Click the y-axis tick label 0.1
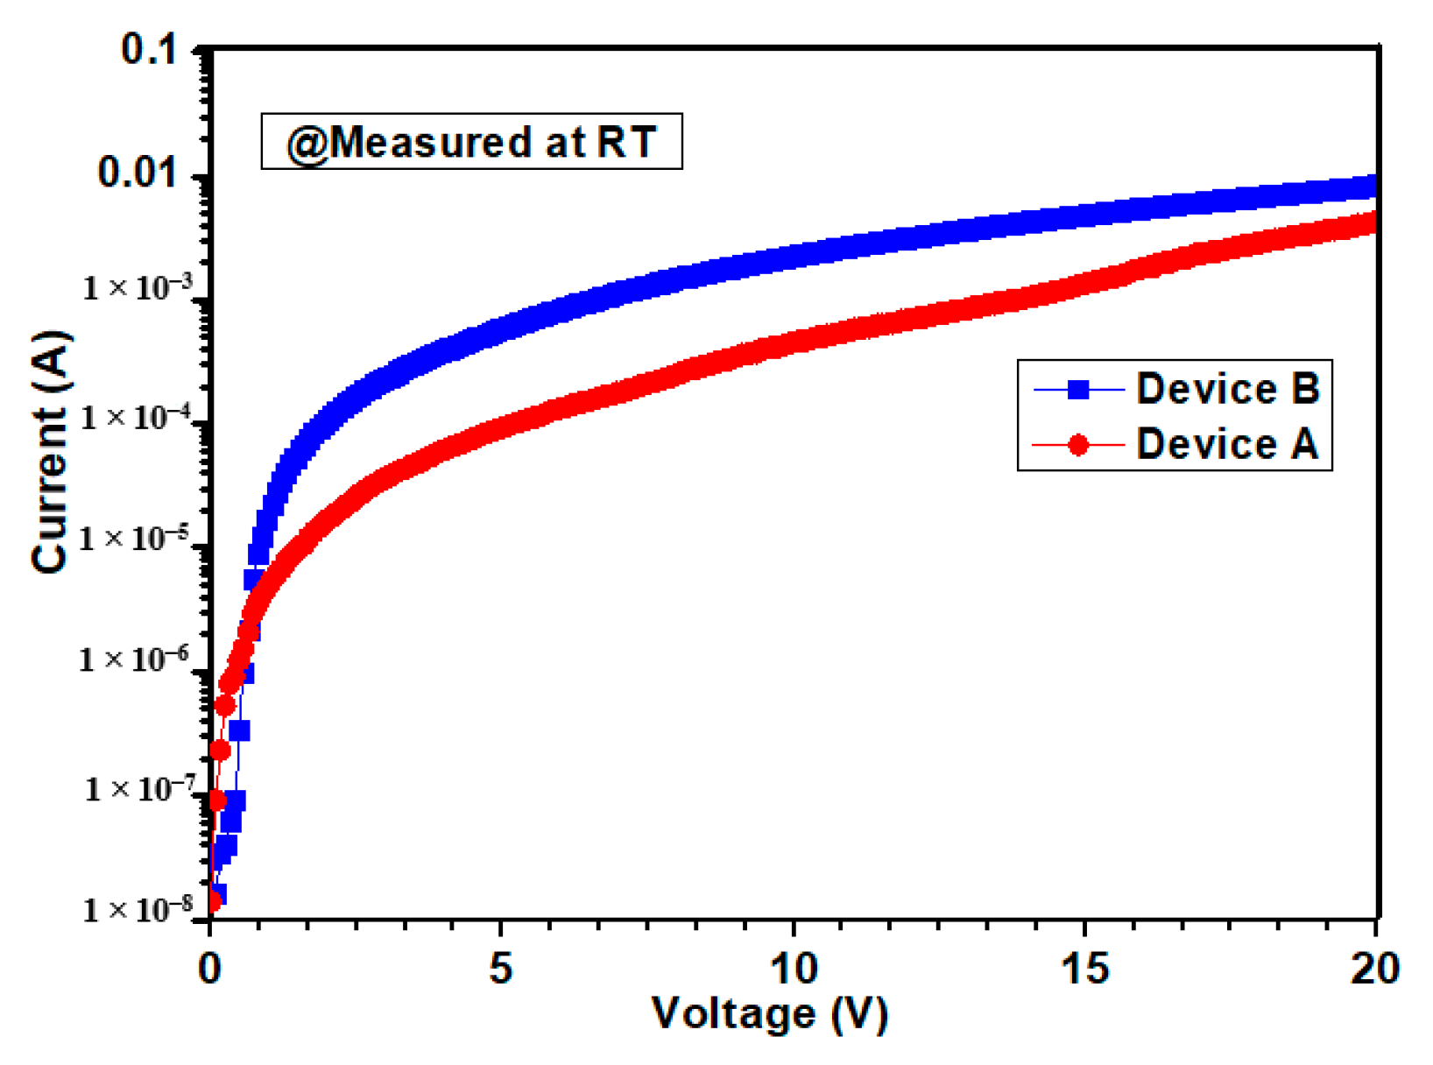pyautogui.click(x=149, y=49)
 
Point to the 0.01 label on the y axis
pyautogui.click(x=137, y=173)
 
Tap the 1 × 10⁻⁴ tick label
pyautogui.click(x=137, y=417)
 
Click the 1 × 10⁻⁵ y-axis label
pyautogui.click(x=137, y=537)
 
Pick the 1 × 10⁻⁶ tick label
pyautogui.click(x=137, y=659)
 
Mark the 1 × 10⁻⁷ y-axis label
pyautogui.click(x=138, y=789)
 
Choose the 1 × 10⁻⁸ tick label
pyautogui.click(x=137, y=910)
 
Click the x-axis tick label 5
pyautogui.click(x=500, y=969)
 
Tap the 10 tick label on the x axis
pyautogui.click(x=793, y=969)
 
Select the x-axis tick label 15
pyautogui.click(x=1084, y=969)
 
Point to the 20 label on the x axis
pyautogui.click(x=1374, y=969)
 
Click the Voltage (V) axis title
pyautogui.click(x=770, y=1014)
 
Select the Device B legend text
pyautogui.click(x=1227, y=388)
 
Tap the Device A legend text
pyautogui.click(x=1226, y=444)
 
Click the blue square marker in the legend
pyautogui.click(x=1078, y=389)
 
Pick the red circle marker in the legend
pyautogui.click(x=1078, y=445)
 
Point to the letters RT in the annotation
pyautogui.click(x=626, y=142)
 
